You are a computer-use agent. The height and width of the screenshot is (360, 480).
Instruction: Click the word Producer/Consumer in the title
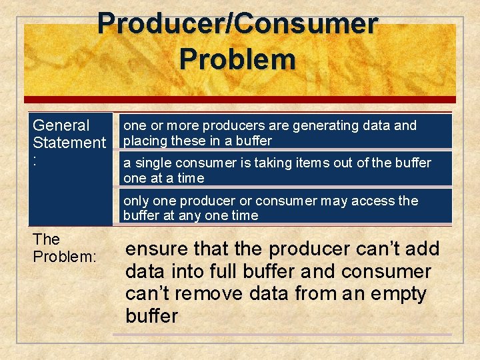click(x=237, y=24)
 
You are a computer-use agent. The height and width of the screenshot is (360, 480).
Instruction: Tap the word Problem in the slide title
click(x=237, y=59)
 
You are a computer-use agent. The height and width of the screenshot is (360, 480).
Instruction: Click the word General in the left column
click(x=61, y=125)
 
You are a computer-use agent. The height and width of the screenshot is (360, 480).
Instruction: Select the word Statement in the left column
click(x=69, y=143)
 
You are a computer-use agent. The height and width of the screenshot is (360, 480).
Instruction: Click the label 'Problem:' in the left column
click(x=64, y=257)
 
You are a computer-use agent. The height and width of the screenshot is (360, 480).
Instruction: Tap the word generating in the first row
click(x=331, y=125)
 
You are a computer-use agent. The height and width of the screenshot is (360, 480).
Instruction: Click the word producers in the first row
click(x=229, y=125)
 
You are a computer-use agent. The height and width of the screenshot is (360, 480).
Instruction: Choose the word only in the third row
click(x=137, y=201)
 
